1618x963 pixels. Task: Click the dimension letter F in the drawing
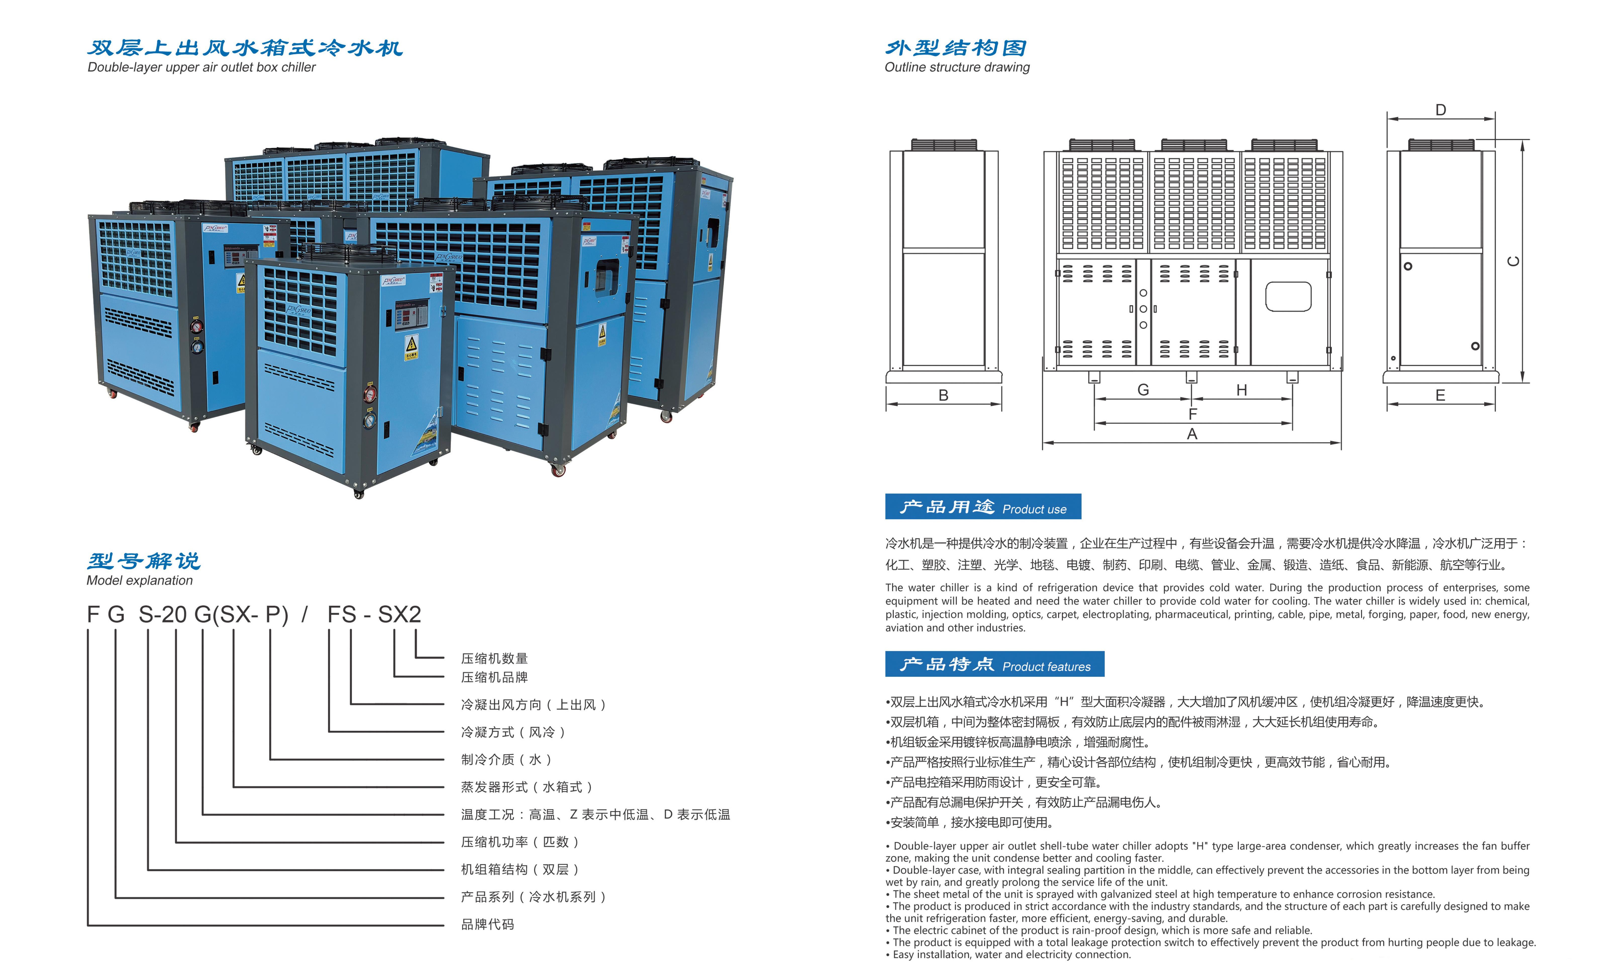pyautogui.click(x=1192, y=414)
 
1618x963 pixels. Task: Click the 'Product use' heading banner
pyautogui.click(x=983, y=506)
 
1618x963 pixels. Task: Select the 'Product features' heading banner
pyautogui.click(x=995, y=664)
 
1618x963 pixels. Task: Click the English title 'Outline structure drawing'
pyautogui.click(x=957, y=67)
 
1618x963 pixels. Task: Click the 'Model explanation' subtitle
pyautogui.click(x=140, y=580)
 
